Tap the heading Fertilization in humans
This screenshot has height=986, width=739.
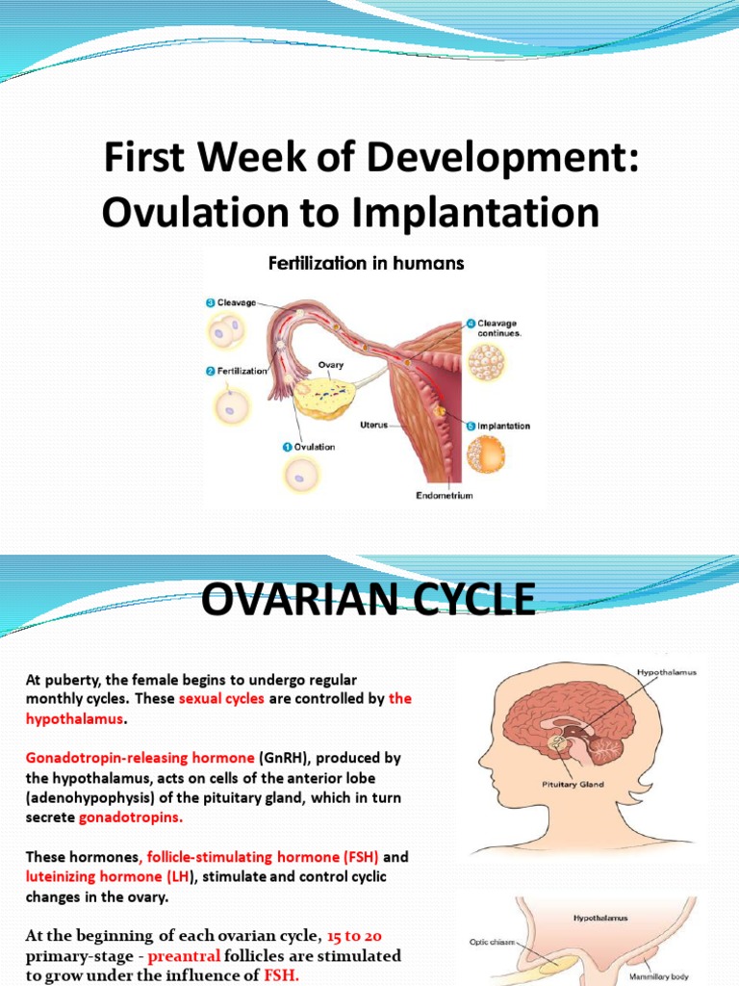pos(364,263)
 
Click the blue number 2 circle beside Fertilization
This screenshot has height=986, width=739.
pos(209,371)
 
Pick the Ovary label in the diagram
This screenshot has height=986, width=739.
pos(331,366)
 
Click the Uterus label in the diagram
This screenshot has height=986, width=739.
pos(371,426)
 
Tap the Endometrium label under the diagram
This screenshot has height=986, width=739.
pos(444,496)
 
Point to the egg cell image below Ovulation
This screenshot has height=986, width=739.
pos(304,475)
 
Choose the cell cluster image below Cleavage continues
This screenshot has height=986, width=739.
pos(486,363)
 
